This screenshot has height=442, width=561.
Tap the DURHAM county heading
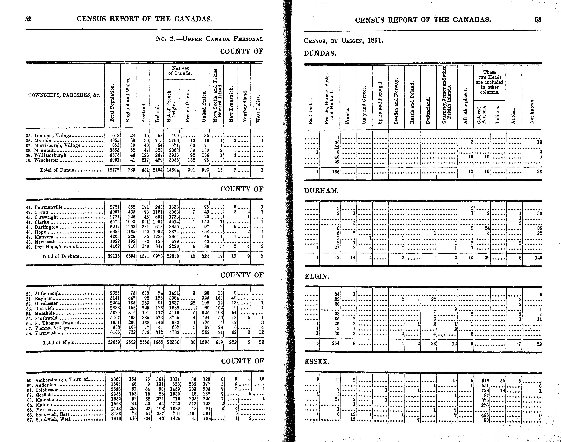(x=321, y=191)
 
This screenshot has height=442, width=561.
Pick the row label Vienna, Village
(x=52, y=328)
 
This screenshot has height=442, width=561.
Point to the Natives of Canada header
(x=180, y=71)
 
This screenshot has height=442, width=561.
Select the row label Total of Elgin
(x=59, y=342)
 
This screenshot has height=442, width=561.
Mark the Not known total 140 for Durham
(x=538, y=258)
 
